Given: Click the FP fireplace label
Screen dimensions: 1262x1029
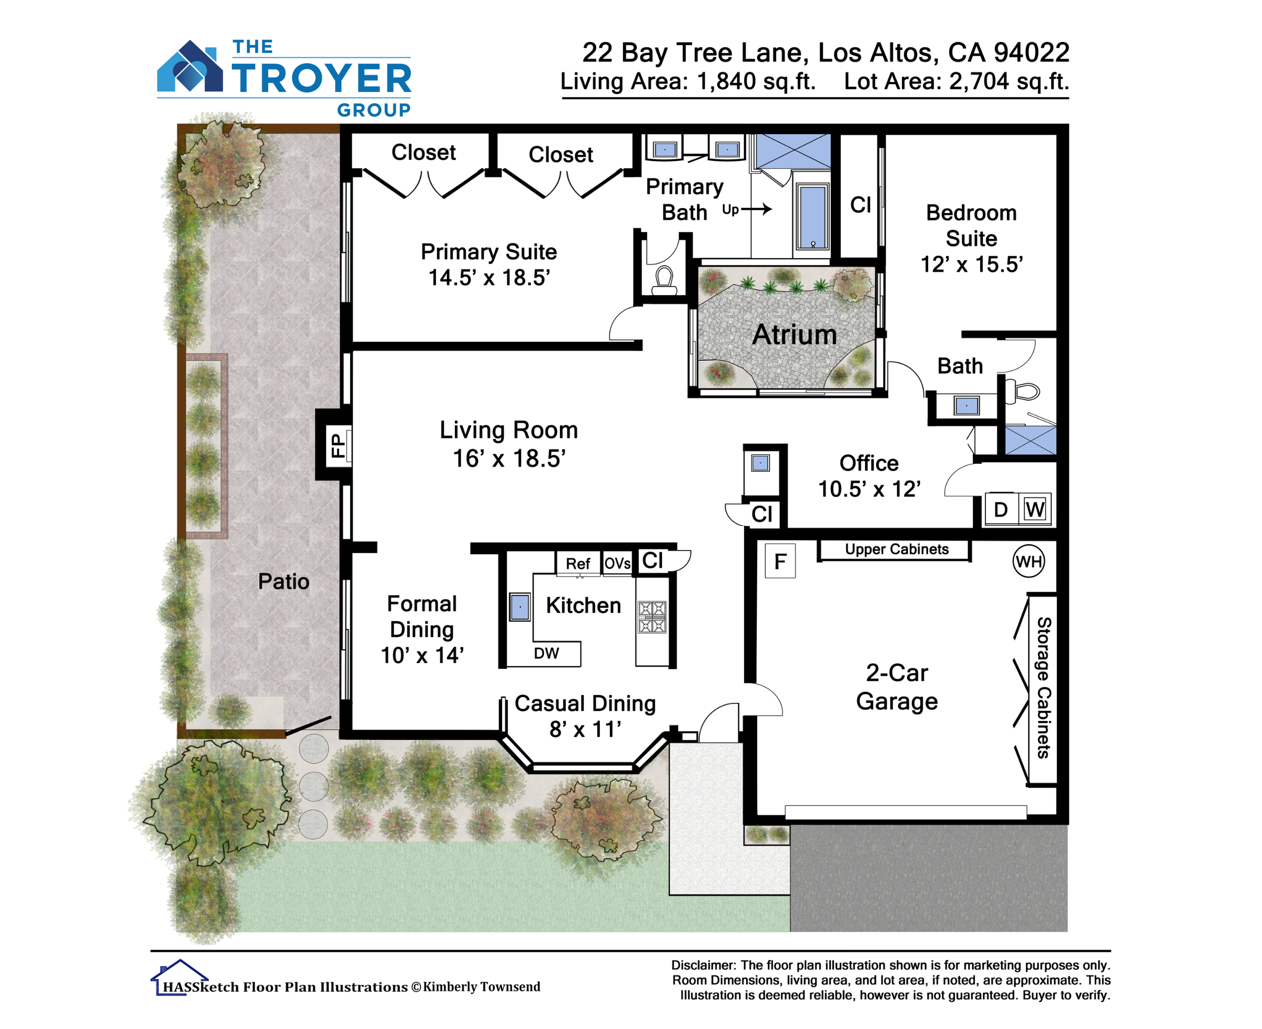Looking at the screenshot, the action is (337, 445).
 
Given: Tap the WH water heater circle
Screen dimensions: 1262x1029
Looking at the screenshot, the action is (1029, 561).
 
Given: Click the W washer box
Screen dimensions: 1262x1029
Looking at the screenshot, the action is (1035, 509).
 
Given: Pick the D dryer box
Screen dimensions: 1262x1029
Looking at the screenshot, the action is (1001, 509).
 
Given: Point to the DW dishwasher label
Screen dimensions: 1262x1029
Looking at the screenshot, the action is (546, 653).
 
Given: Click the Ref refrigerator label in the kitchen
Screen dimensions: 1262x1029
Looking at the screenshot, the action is (577, 563).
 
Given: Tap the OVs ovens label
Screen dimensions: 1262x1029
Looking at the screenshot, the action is (617, 563).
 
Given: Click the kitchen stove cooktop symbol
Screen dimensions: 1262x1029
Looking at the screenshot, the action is (652, 617).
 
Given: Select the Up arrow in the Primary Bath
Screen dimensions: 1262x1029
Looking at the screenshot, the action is (756, 209).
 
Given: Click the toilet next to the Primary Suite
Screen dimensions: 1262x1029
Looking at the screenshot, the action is (664, 280).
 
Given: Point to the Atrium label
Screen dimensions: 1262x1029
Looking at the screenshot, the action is (795, 335).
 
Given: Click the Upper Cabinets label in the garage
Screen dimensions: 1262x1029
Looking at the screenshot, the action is (896, 549).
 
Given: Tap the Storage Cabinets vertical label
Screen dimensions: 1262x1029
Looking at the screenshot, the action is (1043, 688).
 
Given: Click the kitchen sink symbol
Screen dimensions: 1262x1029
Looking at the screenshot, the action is (520, 607).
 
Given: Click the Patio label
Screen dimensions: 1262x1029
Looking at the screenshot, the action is (283, 582).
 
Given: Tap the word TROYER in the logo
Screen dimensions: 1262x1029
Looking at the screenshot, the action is (321, 78).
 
